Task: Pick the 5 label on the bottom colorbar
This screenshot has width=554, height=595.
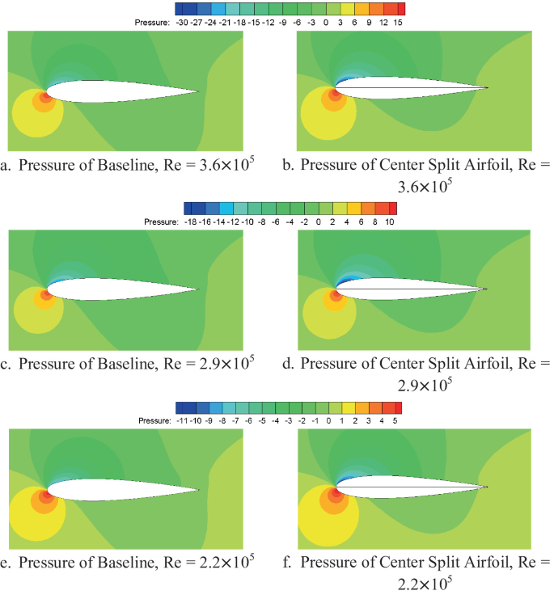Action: click(x=395, y=421)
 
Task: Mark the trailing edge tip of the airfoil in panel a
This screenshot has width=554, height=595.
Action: click(x=197, y=91)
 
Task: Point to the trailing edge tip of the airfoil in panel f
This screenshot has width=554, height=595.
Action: click(x=489, y=487)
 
